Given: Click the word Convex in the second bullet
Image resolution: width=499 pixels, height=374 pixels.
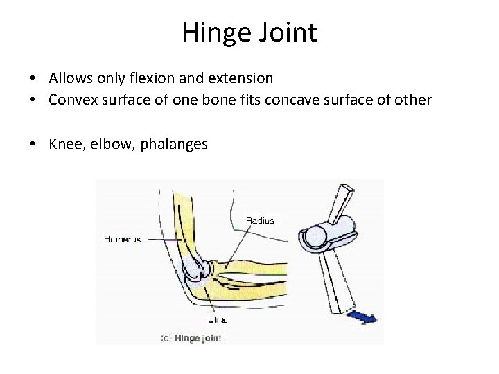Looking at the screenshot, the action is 71,100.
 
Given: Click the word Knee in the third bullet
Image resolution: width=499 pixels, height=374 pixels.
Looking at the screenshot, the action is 64,144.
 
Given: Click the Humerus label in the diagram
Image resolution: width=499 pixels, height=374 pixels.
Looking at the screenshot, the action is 122,240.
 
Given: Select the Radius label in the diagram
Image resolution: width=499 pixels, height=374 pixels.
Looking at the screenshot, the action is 260,220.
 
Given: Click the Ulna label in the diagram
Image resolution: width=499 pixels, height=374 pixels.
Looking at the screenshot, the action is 217,319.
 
